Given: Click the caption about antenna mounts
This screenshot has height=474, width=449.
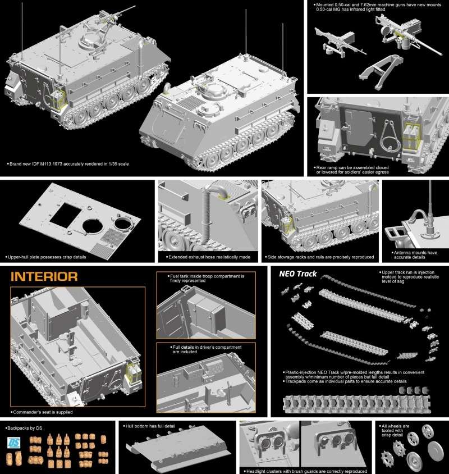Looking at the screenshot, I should (x=416, y=254).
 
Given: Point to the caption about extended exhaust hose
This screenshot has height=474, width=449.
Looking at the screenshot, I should (x=207, y=257).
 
